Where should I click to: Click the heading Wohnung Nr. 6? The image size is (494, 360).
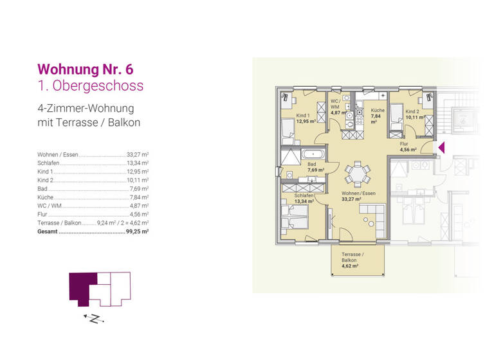(86, 68)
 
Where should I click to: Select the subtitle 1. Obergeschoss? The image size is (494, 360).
(91, 85)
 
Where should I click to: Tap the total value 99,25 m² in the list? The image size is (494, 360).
(138, 230)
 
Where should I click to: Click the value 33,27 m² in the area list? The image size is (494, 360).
(138, 155)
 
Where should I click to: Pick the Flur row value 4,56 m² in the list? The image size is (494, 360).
(140, 213)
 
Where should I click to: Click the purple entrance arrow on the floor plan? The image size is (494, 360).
(441, 148)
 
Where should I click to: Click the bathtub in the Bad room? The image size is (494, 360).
(313, 154)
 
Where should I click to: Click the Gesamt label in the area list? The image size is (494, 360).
(48, 230)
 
